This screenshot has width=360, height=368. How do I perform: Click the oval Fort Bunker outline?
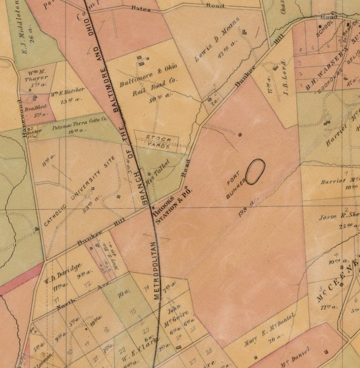255,172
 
